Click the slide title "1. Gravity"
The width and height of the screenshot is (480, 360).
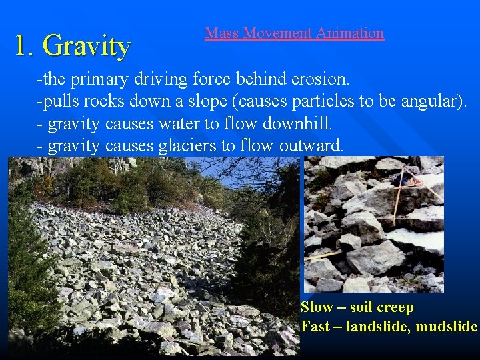point(73,46)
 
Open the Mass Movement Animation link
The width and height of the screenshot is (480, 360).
point(294,33)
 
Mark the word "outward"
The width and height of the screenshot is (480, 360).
point(315,145)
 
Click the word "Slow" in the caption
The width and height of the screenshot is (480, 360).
point(317,307)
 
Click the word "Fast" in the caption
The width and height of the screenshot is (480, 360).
point(315,327)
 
